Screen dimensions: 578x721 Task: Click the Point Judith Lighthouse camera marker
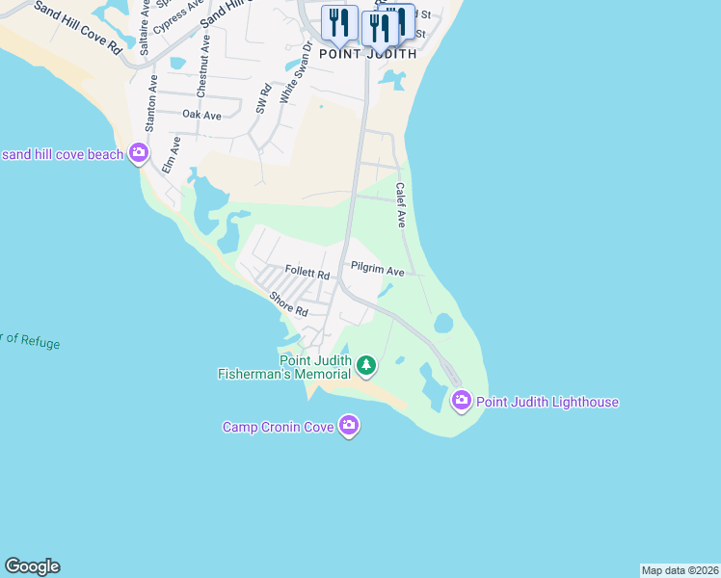point(461,400)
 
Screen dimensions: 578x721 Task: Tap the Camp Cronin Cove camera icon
point(349,425)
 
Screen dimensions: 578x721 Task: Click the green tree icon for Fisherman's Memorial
point(365,365)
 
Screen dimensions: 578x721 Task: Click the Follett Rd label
point(307,274)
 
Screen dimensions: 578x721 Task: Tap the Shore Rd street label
point(288,304)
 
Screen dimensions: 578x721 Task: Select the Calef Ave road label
point(400,205)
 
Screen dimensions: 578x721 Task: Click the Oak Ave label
point(201,116)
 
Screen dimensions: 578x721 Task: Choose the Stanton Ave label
point(150,105)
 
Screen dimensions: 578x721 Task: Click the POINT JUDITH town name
point(368,55)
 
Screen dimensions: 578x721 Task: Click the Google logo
point(32,566)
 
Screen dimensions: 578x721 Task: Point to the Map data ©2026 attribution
point(680,570)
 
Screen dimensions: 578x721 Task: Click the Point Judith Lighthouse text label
point(547,402)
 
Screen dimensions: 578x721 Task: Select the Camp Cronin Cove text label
point(279,427)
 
